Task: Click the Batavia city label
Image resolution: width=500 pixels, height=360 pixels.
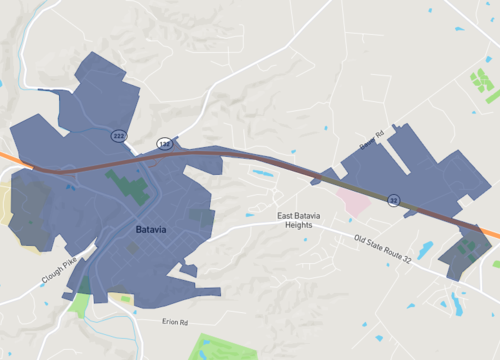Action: point(152,230)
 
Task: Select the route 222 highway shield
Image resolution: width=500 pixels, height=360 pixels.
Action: point(118,135)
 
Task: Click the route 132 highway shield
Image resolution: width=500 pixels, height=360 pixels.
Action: point(163,144)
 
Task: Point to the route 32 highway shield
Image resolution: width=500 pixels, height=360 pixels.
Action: point(394,200)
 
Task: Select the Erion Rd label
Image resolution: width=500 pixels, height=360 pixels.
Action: point(175,321)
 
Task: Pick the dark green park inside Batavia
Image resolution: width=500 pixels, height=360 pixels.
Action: point(127,186)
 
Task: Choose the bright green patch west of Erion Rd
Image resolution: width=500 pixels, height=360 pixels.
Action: point(78,304)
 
